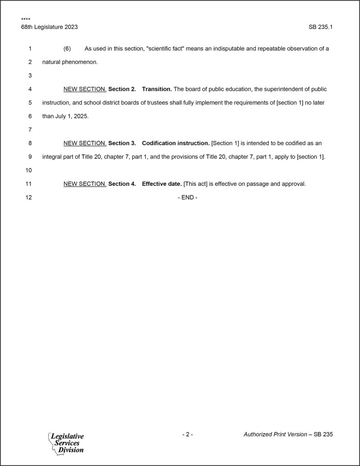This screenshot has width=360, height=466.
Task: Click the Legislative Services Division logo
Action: tap(66, 443)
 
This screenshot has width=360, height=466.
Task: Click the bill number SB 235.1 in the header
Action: tap(320, 27)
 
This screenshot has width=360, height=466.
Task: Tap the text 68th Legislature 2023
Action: tap(49, 27)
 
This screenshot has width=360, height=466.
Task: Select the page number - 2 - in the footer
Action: tap(188, 434)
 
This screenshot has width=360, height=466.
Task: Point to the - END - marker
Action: tap(188, 198)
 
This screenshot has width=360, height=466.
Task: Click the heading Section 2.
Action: tap(122, 89)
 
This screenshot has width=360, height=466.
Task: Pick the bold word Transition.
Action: tap(157, 89)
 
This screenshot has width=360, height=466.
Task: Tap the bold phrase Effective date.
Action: tap(162, 184)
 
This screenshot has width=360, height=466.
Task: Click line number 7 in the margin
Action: tap(30, 130)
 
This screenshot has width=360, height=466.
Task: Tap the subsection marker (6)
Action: tap(67, 48)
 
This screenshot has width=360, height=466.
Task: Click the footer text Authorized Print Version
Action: tap(275, 434)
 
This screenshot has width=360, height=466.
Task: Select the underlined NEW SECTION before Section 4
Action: tap(85, 184)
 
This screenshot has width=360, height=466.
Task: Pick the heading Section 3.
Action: tap(122, 143)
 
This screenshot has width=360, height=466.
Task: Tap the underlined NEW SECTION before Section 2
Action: tap(85, 89)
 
